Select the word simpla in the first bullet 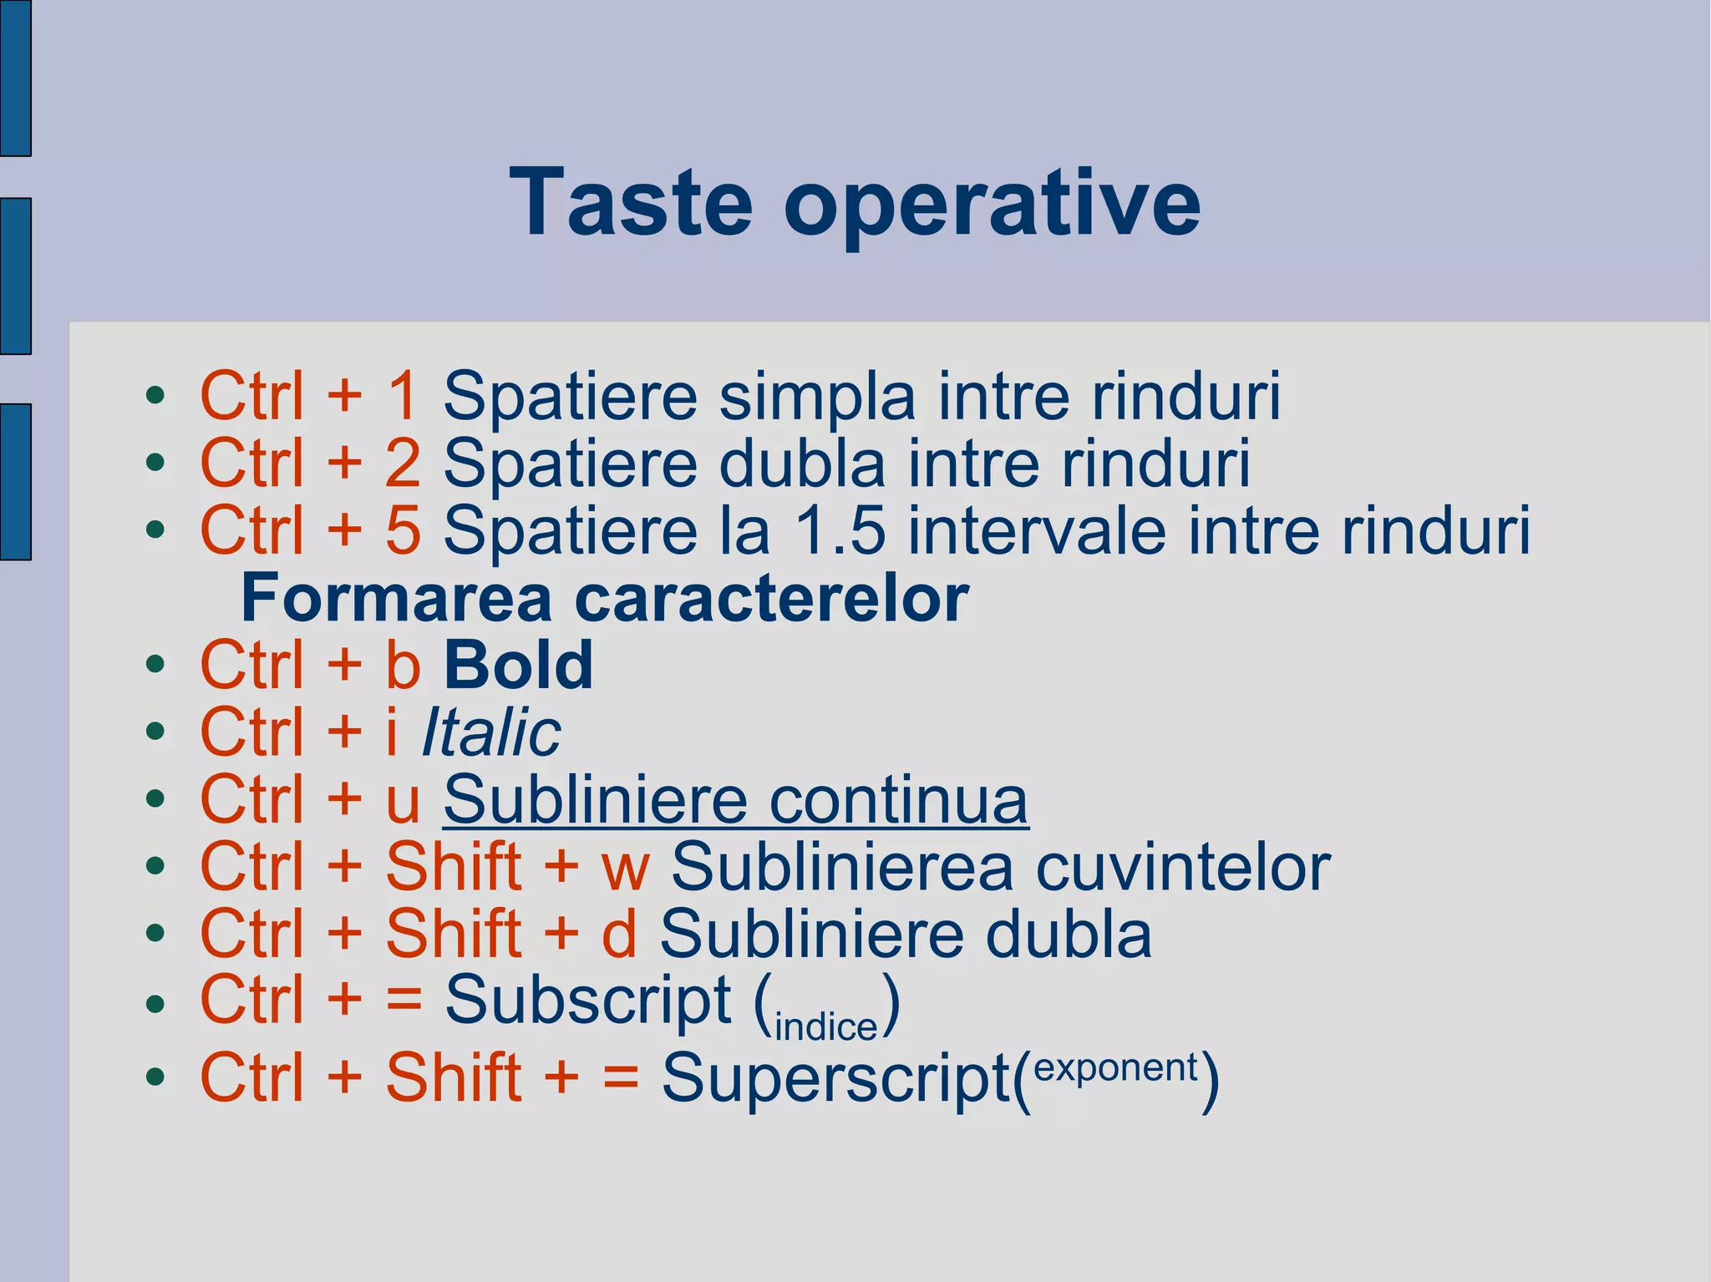817,398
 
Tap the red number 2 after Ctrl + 403,464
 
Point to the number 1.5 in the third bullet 839,530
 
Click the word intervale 1037,530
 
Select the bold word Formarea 396,598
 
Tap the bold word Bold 518,666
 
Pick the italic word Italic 491,733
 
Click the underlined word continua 898,800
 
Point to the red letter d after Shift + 619,935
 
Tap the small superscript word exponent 1115,1067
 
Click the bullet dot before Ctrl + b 155,666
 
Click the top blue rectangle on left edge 15,78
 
